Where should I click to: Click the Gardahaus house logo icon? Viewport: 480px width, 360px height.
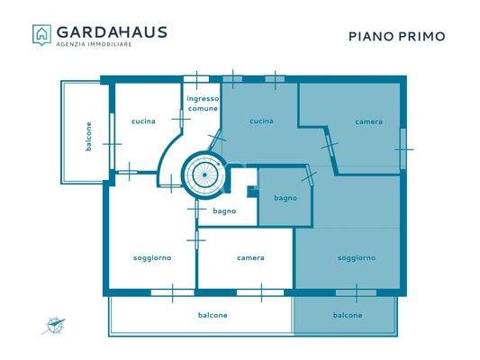pos(41,34)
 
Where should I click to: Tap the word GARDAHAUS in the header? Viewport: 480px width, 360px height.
pos(111,31)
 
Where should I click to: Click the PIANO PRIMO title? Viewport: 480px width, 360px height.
pos(396,37)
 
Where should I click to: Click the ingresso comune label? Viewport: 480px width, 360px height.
pos(203,103)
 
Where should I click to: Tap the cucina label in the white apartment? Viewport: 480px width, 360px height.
pos(142,121)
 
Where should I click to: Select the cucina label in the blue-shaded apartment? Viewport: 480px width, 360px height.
pos(261,121)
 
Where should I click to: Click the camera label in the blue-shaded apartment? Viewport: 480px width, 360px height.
pos(368,121)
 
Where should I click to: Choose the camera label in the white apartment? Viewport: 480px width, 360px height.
pos(250,258)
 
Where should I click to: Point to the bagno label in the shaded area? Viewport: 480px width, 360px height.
pos(285,198)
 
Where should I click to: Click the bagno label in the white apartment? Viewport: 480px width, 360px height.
pos(224,211)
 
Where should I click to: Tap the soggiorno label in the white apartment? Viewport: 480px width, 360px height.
pos(152,258)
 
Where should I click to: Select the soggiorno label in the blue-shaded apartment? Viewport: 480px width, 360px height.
pos(357,258)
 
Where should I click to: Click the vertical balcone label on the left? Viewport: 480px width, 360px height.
pos(88,136)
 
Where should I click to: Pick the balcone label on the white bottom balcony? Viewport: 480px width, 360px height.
pos(213,315)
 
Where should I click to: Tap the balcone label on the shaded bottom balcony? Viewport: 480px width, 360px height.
pos(348,315)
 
